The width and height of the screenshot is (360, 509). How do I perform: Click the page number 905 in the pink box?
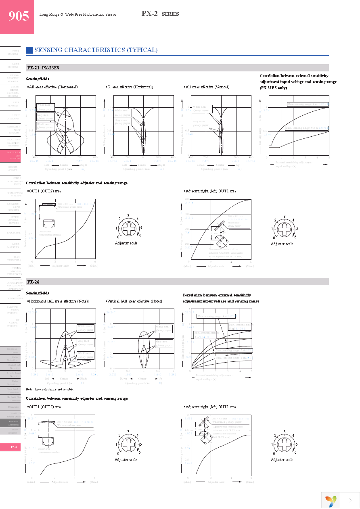coord(19,16)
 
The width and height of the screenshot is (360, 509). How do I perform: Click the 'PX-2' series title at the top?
coord(149,14)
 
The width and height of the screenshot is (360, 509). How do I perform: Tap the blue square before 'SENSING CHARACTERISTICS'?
coord(29,50)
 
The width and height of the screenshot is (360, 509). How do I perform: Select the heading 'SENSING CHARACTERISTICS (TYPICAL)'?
coord(96,50)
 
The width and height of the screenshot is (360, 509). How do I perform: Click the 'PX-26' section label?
coord(33,282)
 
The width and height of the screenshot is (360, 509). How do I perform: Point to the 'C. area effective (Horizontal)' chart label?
coord(130,87)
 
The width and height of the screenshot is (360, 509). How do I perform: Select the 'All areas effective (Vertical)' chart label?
coord(207,87)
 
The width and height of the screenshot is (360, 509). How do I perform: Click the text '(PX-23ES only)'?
coord(274,88)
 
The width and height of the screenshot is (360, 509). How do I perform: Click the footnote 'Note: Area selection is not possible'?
coord(49,389)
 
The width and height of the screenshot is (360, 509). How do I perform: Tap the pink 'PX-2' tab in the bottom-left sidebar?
coord(14,447)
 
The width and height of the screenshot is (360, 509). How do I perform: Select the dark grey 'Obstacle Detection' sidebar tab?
coord(14,423)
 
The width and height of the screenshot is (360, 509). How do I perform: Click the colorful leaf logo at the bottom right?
coord(331,501)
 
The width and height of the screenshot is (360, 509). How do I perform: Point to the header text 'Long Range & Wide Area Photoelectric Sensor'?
coord(77,15)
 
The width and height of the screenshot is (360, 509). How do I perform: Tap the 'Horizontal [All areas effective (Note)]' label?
coord(58,301)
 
